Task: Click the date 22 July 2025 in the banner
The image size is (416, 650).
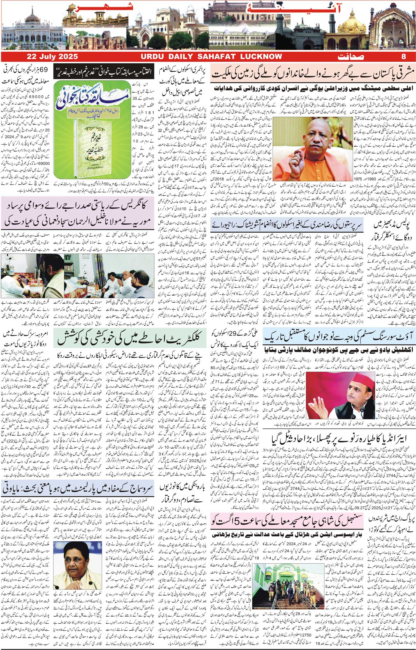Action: tap(52, 56)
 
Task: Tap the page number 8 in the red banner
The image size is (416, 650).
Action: tap(404, 56)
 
